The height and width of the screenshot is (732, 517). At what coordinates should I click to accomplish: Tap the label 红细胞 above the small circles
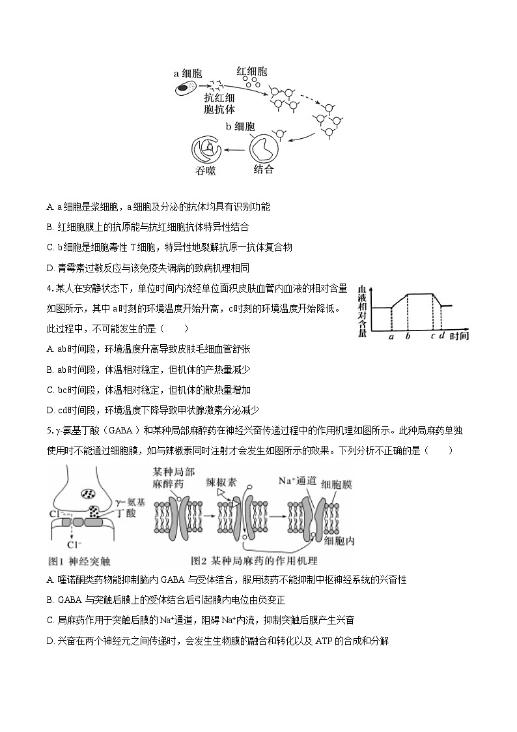click(x=251, y=72)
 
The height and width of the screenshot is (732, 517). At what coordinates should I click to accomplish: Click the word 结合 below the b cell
click(x=263, y=169)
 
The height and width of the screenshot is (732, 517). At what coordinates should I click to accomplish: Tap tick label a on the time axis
click(x=391, y=337)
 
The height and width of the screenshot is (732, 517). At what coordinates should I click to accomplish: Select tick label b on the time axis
click(x=408, y=337)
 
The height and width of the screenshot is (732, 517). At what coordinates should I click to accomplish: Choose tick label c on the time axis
click(x=432, y=337)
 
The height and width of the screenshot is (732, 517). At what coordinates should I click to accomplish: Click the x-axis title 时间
click(x=459, y=336)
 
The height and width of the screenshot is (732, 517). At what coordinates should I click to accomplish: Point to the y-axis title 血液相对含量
click(x=362, y=309)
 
